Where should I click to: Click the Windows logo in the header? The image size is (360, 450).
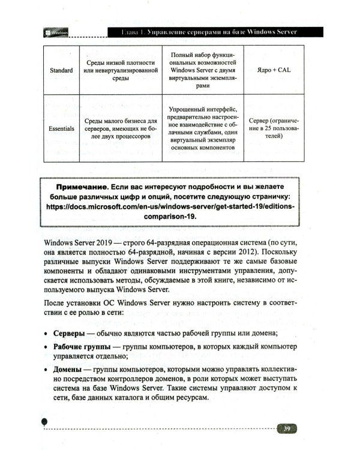click(x=47, y=32)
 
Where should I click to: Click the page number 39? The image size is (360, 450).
click(x=287, y=428)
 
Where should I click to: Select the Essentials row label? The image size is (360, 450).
click(x=61, y=128)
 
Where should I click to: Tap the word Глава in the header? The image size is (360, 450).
click(x=131, y=32)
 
